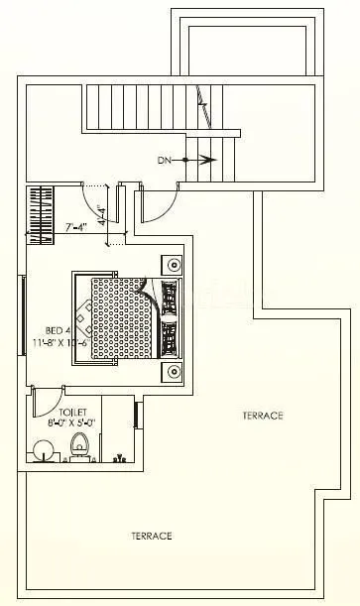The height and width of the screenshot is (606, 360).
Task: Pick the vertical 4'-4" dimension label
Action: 100,213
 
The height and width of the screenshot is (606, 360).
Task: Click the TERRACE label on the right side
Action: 263,416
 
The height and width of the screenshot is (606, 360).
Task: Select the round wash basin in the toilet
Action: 42,450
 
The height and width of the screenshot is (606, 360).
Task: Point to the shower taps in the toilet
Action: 119,458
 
